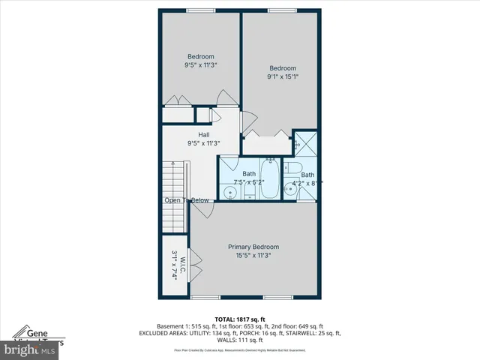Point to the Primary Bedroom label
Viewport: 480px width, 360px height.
point(253,247)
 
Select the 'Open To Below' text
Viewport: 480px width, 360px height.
point(187,200)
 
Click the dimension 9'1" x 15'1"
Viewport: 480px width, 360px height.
point(283,75)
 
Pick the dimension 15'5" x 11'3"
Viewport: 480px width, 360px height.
point(253,255)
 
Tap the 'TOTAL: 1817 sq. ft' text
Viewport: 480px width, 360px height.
point(240,319)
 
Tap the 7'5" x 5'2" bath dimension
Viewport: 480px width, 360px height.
point(248,181)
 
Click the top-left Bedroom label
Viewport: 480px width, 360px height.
point(201,57)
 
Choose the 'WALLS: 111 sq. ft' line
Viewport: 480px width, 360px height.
point(240,340)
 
